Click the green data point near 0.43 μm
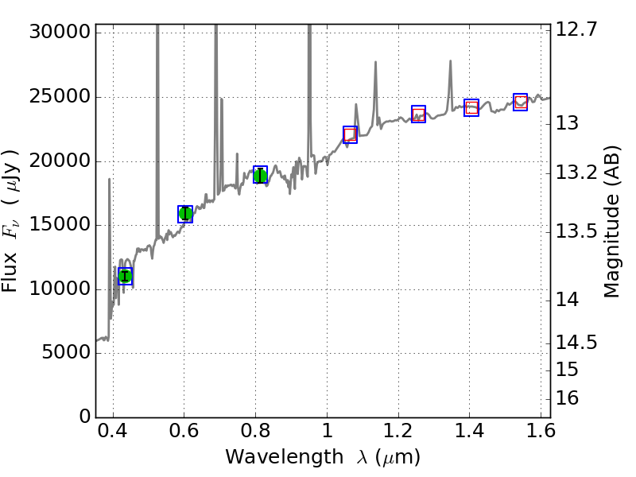(125, 276)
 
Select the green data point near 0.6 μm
(185, 213)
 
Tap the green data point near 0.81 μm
(260, 175)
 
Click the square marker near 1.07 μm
(350, 134)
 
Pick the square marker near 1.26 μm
(418, 114)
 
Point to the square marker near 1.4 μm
(471, 107)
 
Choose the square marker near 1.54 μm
(521, 102)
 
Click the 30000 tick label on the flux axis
(57, 33)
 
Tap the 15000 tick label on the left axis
(57, 225)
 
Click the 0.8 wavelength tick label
(255, 434)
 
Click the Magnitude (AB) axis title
(611, 222)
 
